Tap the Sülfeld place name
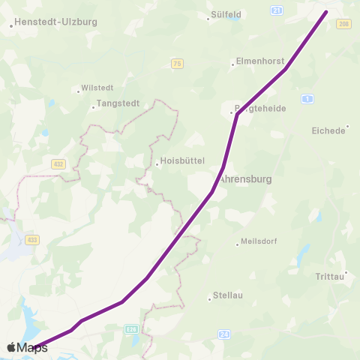[226, 13]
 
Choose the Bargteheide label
[259, 109]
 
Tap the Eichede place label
[328, 130]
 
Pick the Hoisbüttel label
[179, 163]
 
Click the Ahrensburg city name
[244, 180]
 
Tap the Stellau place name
[228, 295]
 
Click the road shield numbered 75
[177, 64]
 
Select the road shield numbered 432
[58, 163]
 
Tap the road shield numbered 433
[31, 240]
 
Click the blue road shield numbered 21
[277, 10]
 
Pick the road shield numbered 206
[343, 25]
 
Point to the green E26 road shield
[130, 328]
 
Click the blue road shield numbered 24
[223, 334]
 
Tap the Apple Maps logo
[27, 347]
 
